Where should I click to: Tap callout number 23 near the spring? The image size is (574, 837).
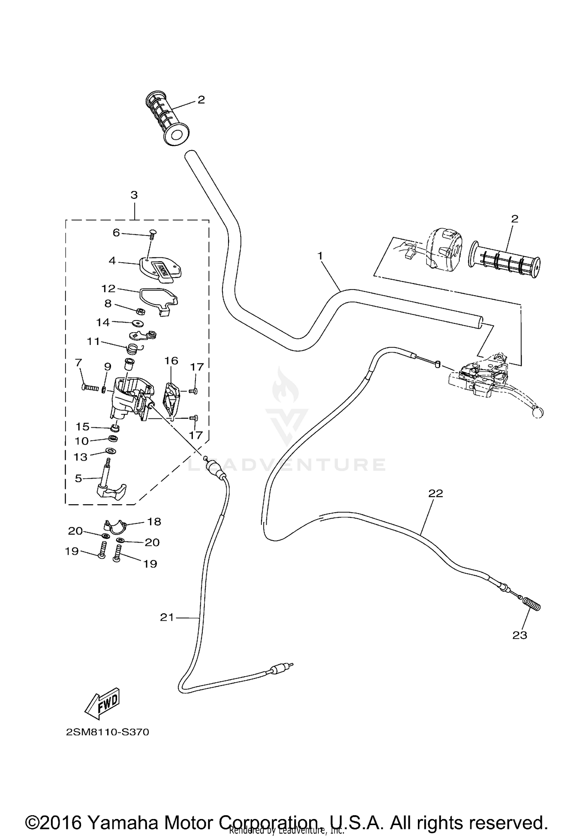(x=520, y=635)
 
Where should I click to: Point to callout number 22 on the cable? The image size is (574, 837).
(x=435, y=494)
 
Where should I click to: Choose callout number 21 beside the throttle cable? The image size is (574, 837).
(x=167, y=617)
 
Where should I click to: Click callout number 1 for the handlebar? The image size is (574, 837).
(x=320, y=255)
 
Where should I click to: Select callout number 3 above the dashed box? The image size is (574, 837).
(x=134, y=195)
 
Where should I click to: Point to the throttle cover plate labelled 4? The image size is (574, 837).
(x=160, y=269)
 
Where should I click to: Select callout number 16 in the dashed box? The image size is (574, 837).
(x=171, y=360)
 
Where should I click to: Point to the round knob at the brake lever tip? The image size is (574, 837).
(x=538, y=412)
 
